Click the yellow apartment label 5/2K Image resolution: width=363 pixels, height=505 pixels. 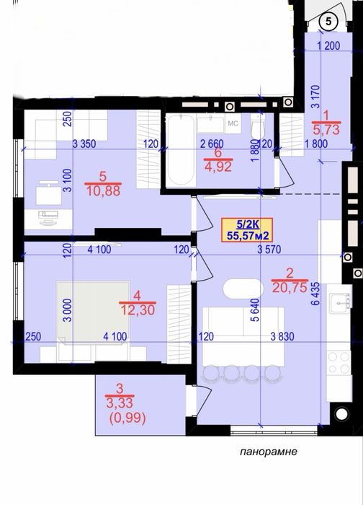(247, 230)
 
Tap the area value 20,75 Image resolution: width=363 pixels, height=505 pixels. (290, 287)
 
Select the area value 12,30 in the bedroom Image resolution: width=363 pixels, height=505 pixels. (138, 309)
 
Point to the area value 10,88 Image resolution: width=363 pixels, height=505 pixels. (103, 190)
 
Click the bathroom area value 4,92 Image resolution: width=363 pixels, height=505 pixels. (218, 167)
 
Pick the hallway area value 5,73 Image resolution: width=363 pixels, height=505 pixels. (326, 129)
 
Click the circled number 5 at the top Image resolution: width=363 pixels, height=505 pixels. (328, 22)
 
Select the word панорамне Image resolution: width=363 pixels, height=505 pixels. (269, 452)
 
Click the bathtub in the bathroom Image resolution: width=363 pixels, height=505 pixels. (180, 150)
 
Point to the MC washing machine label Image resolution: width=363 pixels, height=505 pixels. (233, 123)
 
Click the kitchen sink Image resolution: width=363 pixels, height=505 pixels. (339, 303)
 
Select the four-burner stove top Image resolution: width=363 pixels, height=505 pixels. (339, 362)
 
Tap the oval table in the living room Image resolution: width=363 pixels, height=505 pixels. (243, 289)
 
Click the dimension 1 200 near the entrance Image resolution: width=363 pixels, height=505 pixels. (328, 45)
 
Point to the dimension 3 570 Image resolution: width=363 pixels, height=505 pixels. (269, 250)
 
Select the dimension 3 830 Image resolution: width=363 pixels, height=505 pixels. (282, 337)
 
